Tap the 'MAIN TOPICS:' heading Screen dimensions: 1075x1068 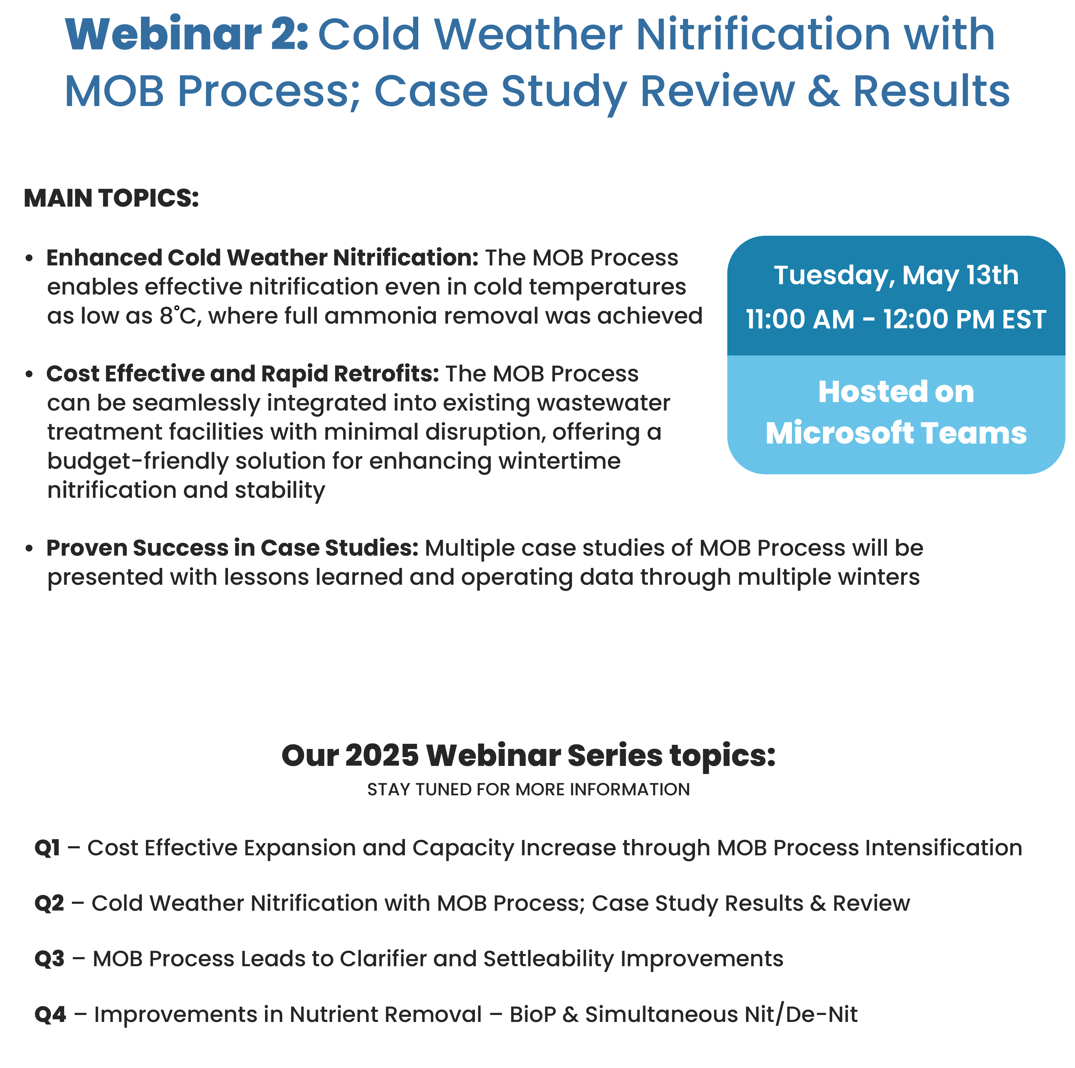(x=111, y=198)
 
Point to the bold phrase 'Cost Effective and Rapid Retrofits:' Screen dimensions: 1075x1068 (x=242, y=374)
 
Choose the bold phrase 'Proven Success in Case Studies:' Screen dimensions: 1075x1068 (x=232, y=548)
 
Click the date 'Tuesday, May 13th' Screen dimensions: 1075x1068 (x=896, y=275)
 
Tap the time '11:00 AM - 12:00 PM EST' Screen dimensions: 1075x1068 (x=896, y=319)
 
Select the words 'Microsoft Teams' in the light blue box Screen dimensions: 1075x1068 (x=896, y=433)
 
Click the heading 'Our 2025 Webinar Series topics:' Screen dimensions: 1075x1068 (x=529, y=755)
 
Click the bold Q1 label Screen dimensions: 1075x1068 (x=47, y=848)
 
